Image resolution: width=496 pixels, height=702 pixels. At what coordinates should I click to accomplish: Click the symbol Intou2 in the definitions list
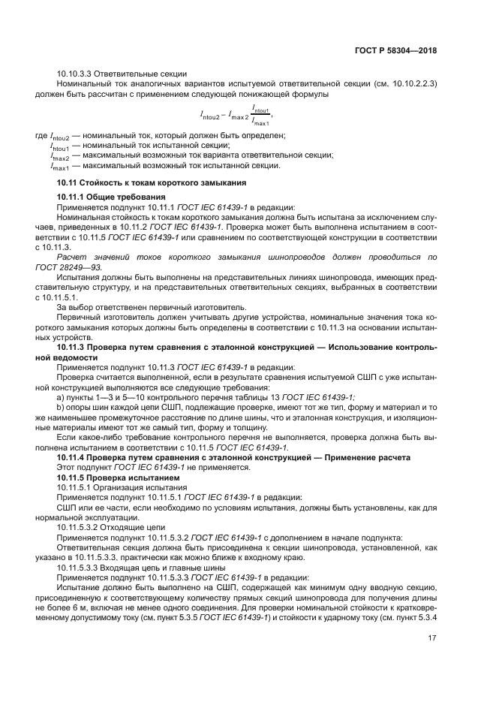tap(59, 137)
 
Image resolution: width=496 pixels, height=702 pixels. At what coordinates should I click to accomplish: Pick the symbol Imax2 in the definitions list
tap(59, 156)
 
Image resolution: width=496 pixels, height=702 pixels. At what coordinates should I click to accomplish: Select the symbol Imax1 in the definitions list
tap(59, 166)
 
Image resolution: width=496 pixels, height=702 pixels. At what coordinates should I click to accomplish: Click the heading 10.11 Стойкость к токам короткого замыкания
tap(152, 183)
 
